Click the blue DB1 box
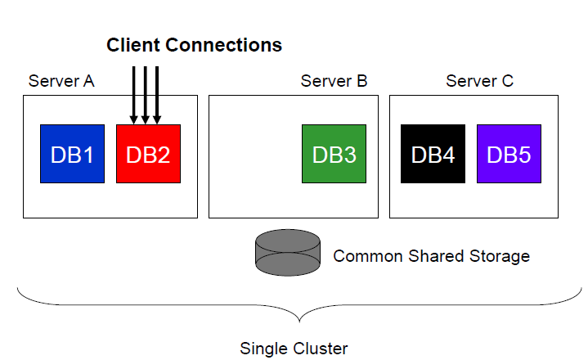tap(72, 155)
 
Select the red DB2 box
tap(148, 155)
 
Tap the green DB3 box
tap(334, 155)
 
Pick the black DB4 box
tap(433, 155)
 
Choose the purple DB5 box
tap(509, 155)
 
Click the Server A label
tap(61, 81)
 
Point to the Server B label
tap(334, 81)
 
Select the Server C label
tap(479, 81)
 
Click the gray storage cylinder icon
tap(287, 253)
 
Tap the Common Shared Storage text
tap(431, 256)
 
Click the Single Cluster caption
tap(294, 349)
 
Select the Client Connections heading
tap(194, 45)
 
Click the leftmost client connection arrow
tap(133, 95)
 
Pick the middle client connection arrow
tap(145, 95)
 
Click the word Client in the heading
tap(134, 45)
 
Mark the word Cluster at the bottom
tap(319, 349)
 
